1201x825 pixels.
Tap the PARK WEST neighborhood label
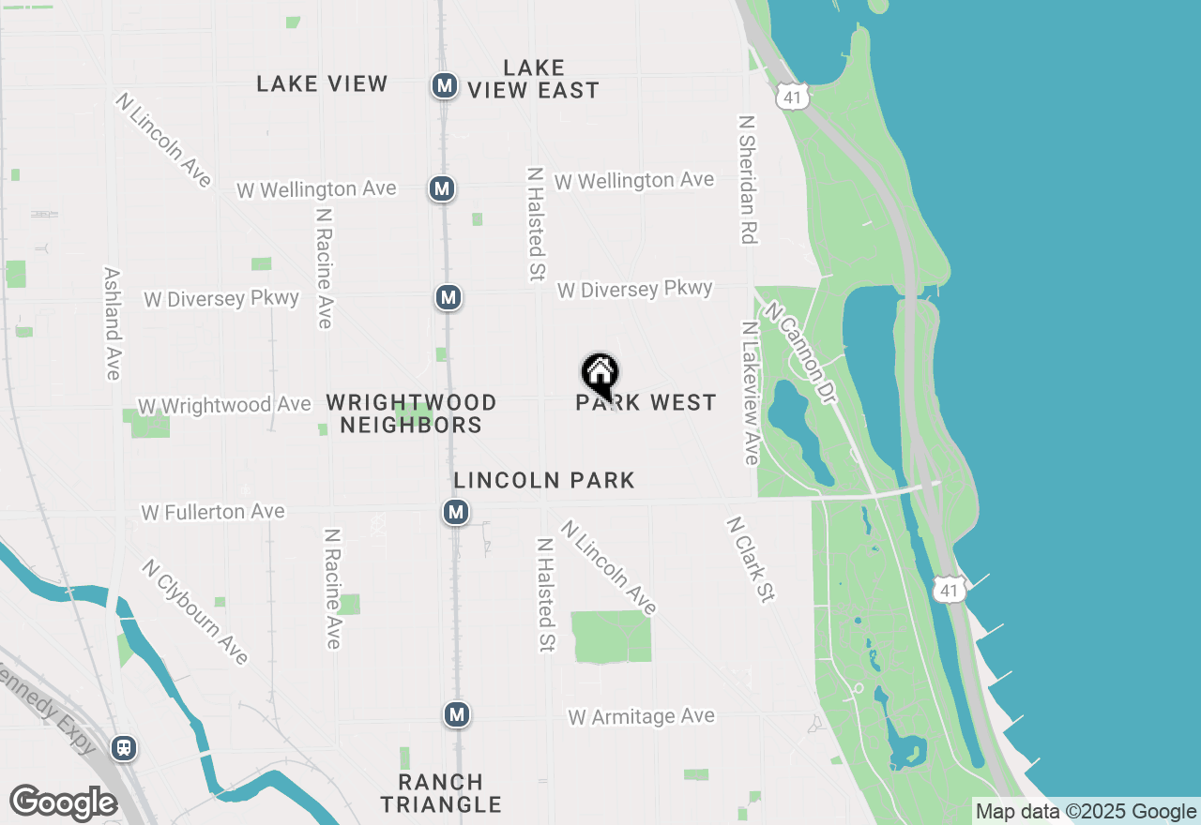pos(646,403)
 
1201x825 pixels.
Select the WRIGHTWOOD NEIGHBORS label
pos(411,413)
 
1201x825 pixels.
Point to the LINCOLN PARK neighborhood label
pos(544,480)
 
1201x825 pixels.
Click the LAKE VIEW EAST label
pos(533,80)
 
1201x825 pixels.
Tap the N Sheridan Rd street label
pos(747,180)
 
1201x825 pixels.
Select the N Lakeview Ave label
pos(750,394)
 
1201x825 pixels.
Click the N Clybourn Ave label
pos(195,612)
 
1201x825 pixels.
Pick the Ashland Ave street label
pos(113,324)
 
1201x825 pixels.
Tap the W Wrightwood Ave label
pos(224,406)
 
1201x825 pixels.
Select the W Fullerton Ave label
pos(213,512)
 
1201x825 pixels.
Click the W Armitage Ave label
pos(642,716)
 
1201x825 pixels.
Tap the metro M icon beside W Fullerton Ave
pos(456,512)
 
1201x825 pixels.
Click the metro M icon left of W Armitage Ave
pos(457,714)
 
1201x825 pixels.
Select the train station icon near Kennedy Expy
pos(123,748)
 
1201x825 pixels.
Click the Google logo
pos(63,802)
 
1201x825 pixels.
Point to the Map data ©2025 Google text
pos(1086,812)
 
